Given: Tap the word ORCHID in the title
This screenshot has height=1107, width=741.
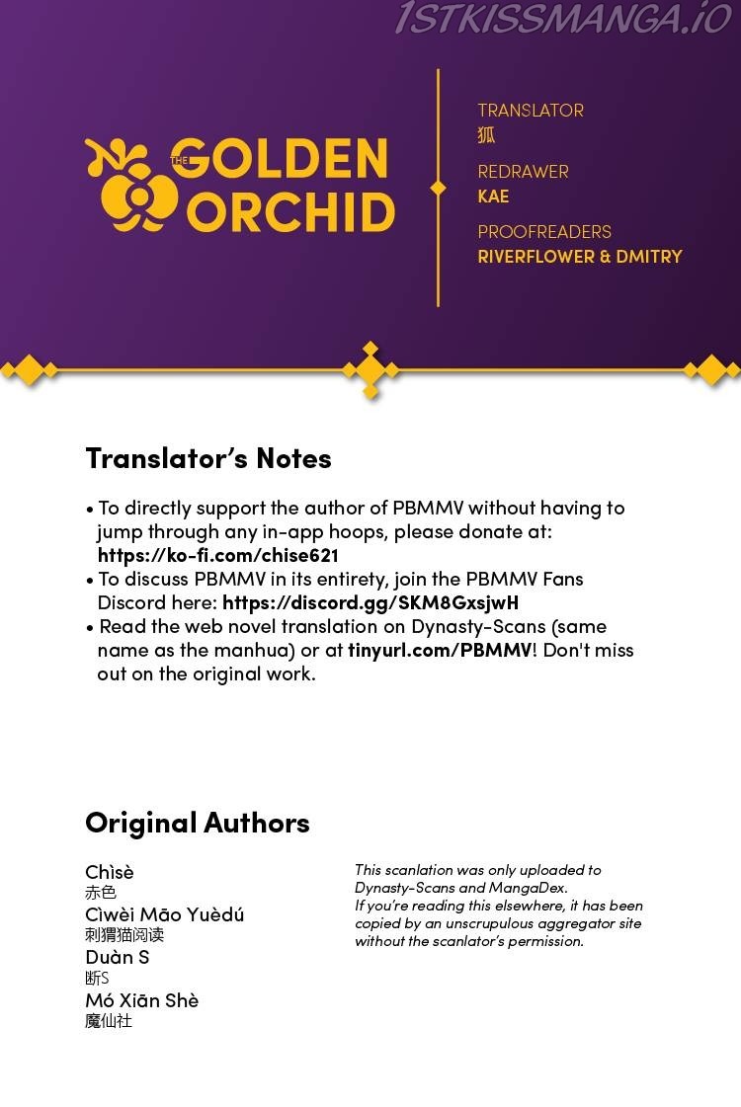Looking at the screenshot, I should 291,212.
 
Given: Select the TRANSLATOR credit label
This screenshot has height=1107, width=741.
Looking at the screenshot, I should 531,111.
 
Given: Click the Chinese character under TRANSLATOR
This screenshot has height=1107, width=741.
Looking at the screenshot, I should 486,135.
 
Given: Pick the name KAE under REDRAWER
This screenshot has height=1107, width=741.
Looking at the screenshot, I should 493,197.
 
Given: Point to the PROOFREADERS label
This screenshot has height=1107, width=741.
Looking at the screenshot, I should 544,232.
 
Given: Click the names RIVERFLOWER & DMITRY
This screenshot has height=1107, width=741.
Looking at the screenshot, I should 580,257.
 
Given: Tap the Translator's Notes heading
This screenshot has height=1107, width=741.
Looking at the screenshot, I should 208,458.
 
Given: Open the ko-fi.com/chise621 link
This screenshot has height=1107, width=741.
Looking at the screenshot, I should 218,555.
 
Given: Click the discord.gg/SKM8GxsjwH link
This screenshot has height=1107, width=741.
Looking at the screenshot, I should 370,602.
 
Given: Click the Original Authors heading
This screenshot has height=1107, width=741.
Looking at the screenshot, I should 198,823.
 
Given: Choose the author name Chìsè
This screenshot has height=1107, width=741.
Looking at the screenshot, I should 110,872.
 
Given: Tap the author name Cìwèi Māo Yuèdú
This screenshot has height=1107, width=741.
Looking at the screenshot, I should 165,914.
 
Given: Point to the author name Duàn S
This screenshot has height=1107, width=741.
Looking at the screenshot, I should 118,957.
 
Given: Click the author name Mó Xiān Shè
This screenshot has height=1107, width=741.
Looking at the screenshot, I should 141,1000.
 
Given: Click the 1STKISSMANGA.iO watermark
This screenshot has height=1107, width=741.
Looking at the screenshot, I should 563,18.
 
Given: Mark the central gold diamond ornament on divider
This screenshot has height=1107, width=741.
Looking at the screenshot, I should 370,370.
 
